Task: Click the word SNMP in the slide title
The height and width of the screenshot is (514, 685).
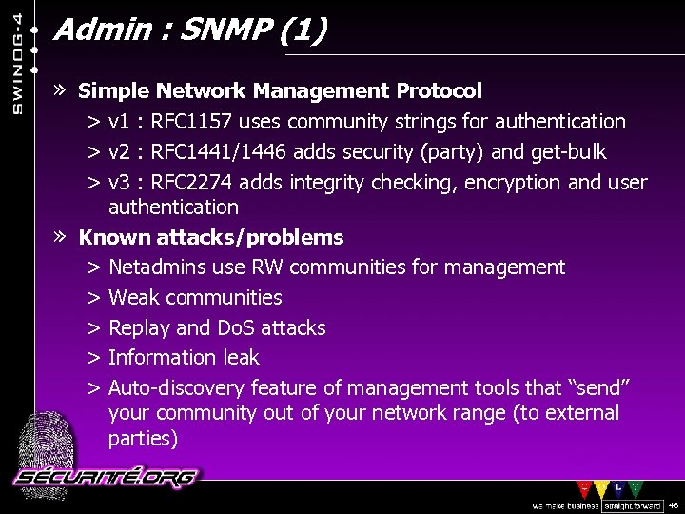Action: (231, 30)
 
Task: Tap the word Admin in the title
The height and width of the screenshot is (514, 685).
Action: (91, 30)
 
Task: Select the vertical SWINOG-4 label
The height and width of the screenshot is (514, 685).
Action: (18, 58)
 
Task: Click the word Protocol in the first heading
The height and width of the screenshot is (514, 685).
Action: (439, 91)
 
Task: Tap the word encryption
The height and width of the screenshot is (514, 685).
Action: (513, 183)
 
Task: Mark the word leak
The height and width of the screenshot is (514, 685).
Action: (241, 358)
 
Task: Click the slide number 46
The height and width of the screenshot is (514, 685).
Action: (674, 505)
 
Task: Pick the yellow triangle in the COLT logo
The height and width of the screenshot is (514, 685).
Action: (600, 488)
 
